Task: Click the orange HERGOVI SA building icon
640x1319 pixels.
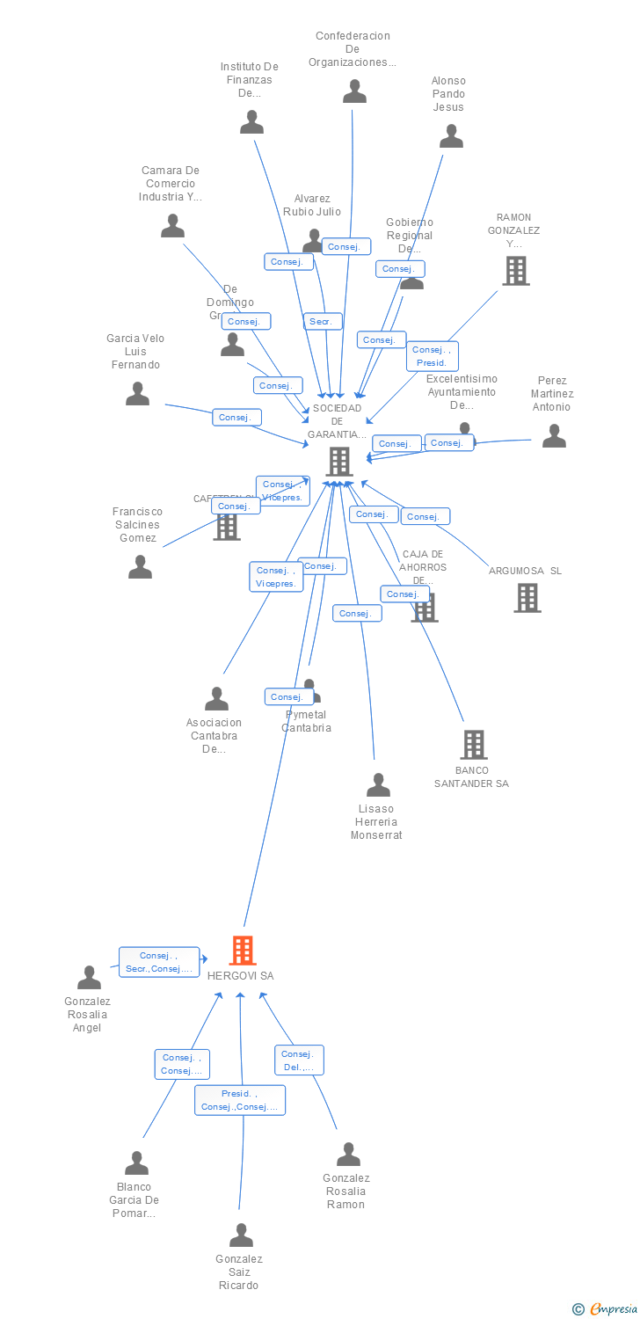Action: (243, 951)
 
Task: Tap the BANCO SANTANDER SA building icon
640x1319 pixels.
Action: (474, 745)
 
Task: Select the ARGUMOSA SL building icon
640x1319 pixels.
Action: (527, 598)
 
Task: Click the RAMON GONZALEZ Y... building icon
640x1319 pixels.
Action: (516, 271)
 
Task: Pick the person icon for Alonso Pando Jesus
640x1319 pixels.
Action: (451, 136)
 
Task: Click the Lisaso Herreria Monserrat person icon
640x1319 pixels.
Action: (378, 785)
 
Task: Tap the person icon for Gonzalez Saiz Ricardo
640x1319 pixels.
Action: (241, 1235)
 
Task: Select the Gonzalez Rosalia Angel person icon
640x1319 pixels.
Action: (89, 978)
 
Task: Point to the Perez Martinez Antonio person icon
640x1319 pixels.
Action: (554, 436)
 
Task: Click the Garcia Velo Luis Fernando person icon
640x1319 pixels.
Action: (137, 394)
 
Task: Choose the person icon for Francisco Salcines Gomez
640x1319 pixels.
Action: (140, 567)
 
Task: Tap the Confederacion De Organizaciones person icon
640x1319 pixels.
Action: (354, 91)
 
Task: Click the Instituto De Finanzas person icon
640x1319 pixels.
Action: (252, 122)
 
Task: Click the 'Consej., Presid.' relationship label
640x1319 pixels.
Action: (432, 356)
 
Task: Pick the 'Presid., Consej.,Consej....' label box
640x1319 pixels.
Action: (239, 1100)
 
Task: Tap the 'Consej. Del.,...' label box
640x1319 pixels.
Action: (299, 1060)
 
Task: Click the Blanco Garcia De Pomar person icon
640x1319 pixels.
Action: (136, 1163)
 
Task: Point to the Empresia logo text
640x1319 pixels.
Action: (613, 1309)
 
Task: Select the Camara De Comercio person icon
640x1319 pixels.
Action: (172, 227)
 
